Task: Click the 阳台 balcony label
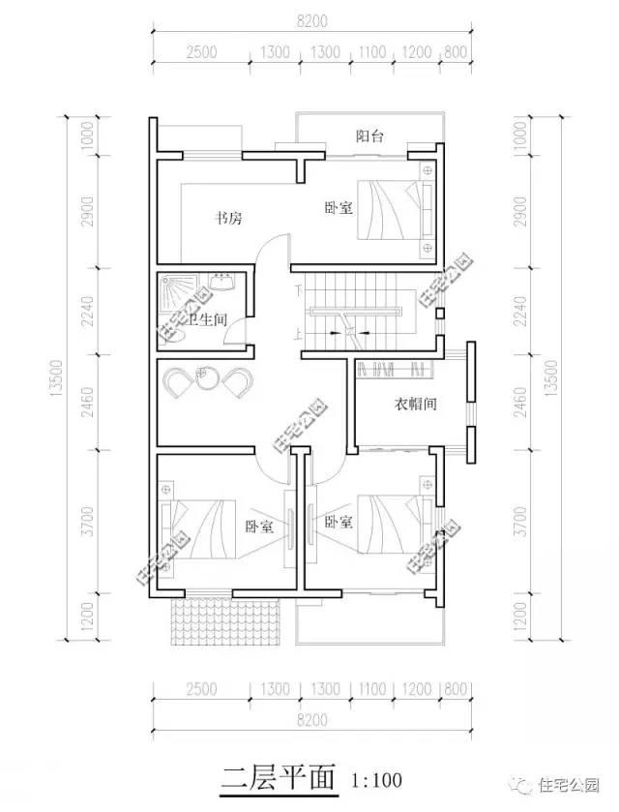(370, 137)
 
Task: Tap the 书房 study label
(228, 220)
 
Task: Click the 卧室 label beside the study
(338, 207)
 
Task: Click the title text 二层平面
(278, 777)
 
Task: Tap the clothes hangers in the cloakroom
(397, 369)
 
